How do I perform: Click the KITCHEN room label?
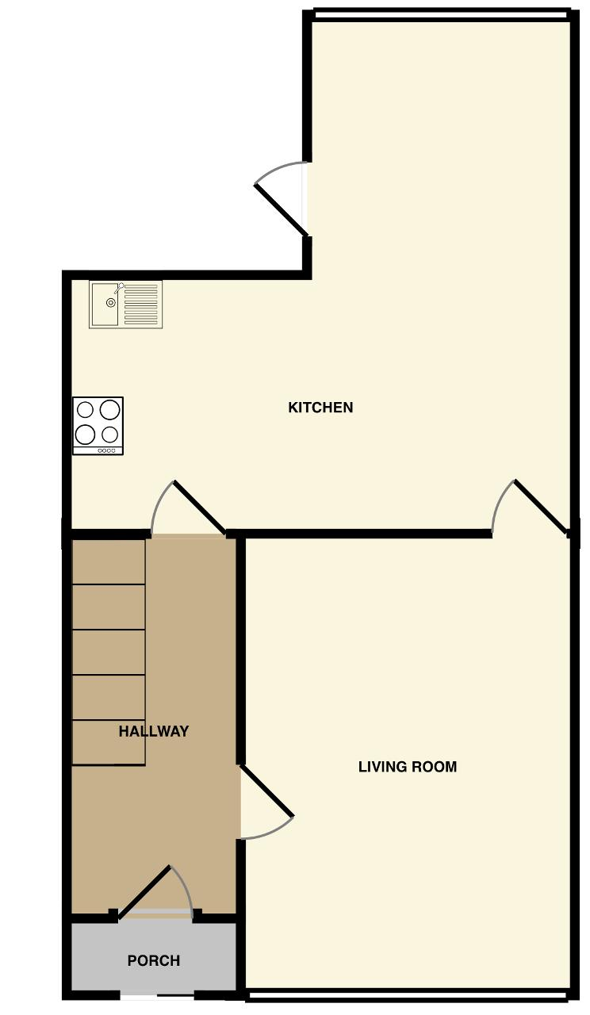(320, 408)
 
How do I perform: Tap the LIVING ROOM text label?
(408, 767)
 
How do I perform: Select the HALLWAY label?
(154, 731)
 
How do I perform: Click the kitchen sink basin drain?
(110, 303)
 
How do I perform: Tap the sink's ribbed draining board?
(141, 304)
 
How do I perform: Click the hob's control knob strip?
(107, 450)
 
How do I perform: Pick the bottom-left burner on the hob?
(85, 435)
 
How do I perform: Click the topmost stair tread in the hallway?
(109, 562)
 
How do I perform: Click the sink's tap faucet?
(119, 288)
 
